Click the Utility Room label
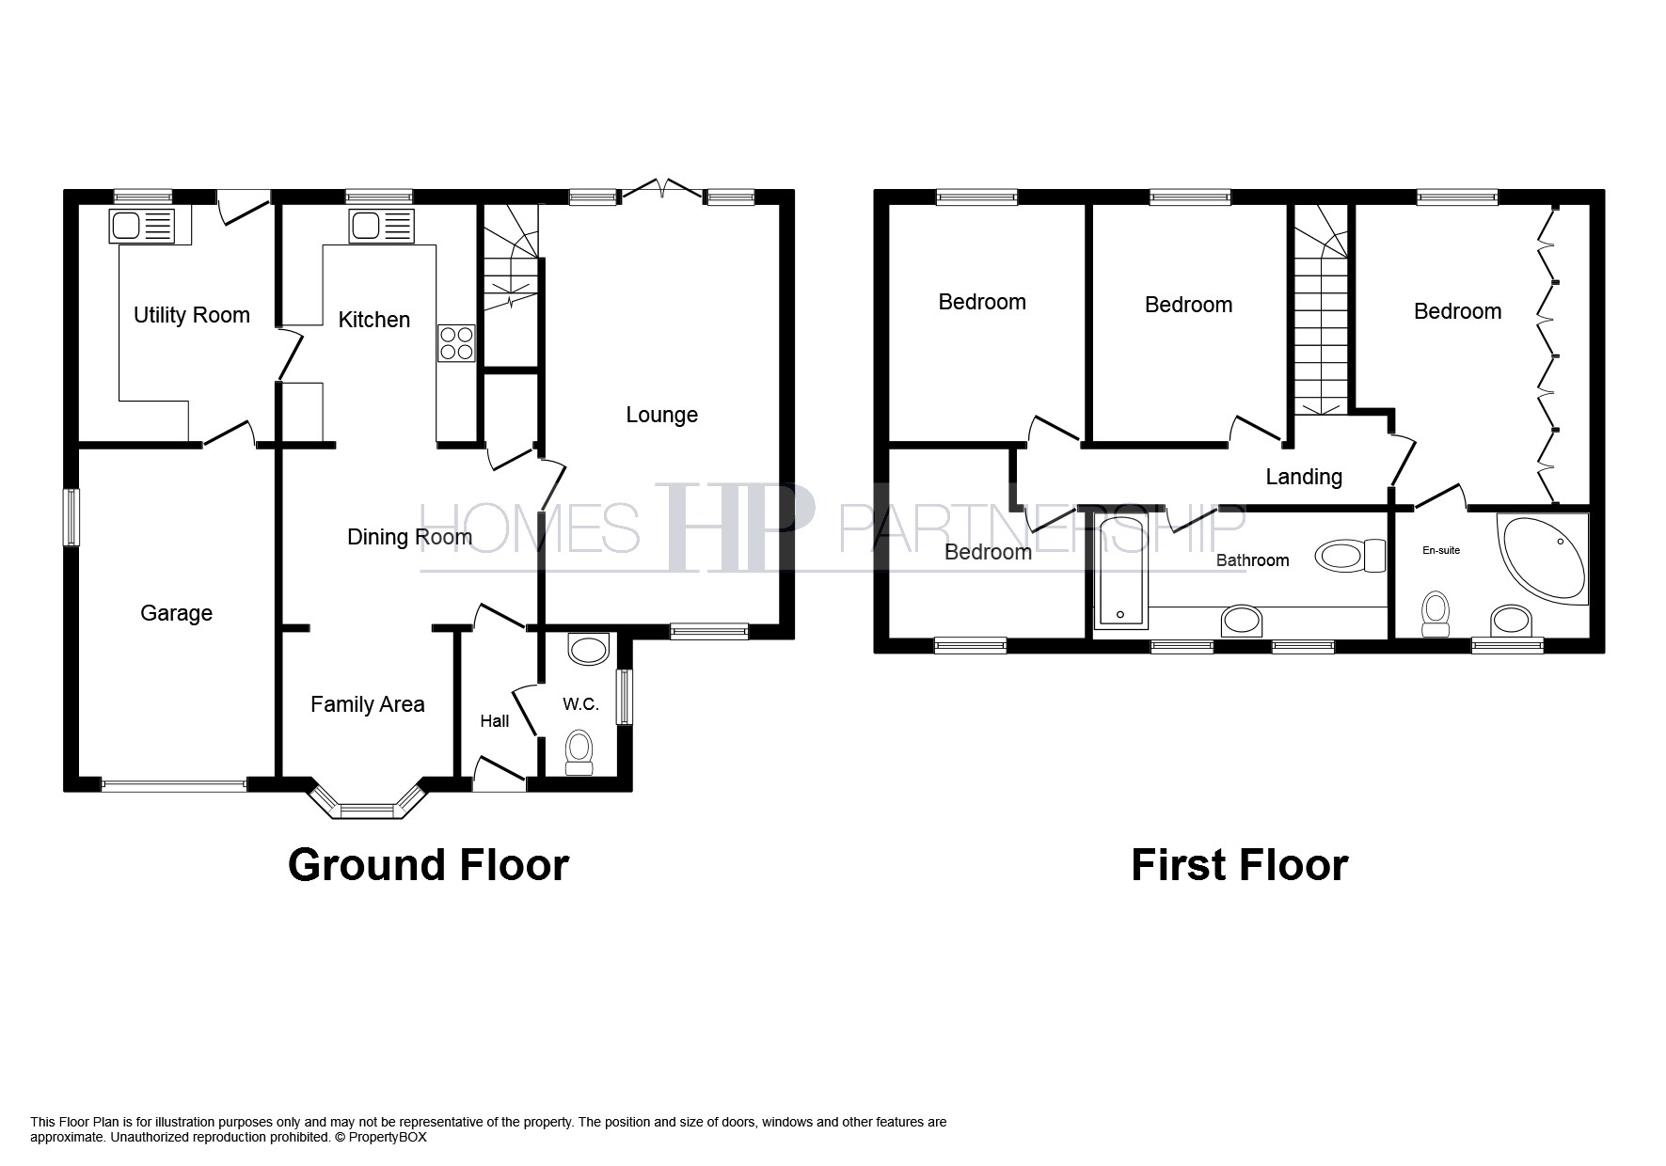pos(191,315)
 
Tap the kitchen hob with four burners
pos(456,343)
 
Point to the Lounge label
pos(662,415)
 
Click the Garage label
pos(176,613)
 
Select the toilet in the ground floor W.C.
pos(579,753)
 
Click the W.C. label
pos(580,704)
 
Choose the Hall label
pos(495,721)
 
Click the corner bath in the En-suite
pos(1543,557)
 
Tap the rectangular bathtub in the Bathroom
pos(1120,571)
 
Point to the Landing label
pos(1304,477)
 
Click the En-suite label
pos(1441,550)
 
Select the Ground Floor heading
pos(428,865)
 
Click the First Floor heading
pos(1239,865)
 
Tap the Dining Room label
pos(409,537)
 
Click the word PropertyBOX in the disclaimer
pos(388,1137)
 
